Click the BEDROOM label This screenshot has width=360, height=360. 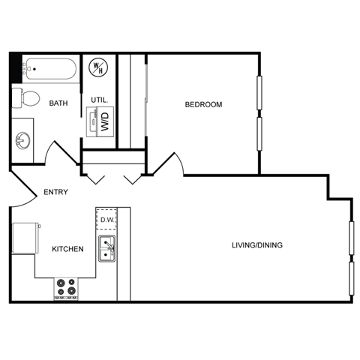[203, 104]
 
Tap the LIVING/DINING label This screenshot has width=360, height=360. [256, 244]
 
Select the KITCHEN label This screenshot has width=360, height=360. [67, 249]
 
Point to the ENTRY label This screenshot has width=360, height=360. [55, 192]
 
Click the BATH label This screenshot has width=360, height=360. [59, 104]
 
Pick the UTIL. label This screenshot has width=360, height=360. [100, 100]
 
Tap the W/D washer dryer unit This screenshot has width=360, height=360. [100, 121]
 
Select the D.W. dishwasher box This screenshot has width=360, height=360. [106, 220]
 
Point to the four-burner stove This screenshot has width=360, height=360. [67, 287]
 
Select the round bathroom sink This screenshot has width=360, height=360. [22, 140]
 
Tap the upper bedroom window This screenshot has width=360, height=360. [260, 94]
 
